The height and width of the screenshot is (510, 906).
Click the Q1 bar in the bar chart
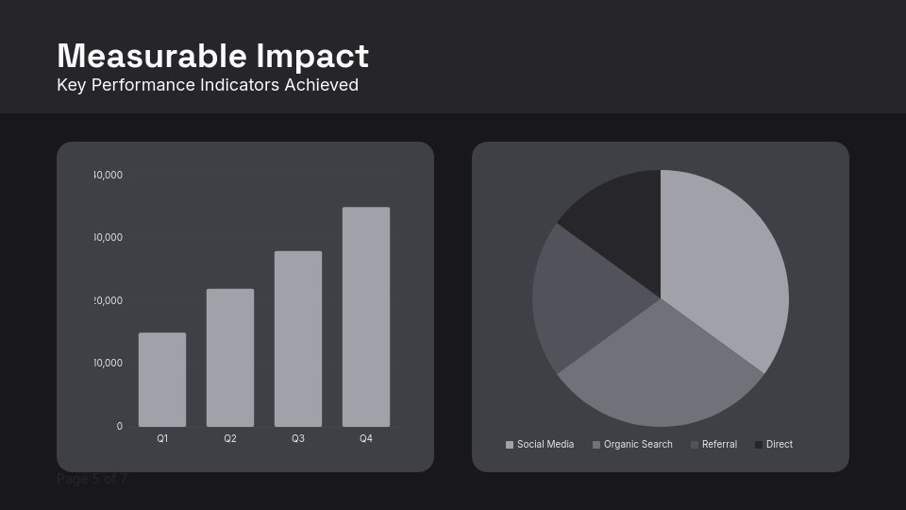coord(162,380)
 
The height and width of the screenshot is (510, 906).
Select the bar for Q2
coord(230,358)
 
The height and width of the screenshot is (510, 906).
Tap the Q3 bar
coord(298,339)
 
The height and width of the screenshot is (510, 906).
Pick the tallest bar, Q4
coord(366,317)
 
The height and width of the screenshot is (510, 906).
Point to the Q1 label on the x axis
coord(162,439)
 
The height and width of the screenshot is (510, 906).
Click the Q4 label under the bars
coord(366,439)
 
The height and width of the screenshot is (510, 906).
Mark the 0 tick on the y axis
coord(120,427)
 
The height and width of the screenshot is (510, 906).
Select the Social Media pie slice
coord(727,274)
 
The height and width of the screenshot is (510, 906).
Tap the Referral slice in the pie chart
coord(580,297)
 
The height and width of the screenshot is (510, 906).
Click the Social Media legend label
coord(545,445)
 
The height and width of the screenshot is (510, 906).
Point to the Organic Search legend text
coord(638,445)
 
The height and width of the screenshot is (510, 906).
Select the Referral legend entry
coord(719,445)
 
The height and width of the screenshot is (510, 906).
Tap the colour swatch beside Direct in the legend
coord(759,445)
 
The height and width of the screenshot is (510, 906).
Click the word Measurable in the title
coord(152,57)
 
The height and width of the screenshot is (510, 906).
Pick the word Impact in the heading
coord(312,57)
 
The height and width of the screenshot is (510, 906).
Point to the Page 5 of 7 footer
coord(92,479)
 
